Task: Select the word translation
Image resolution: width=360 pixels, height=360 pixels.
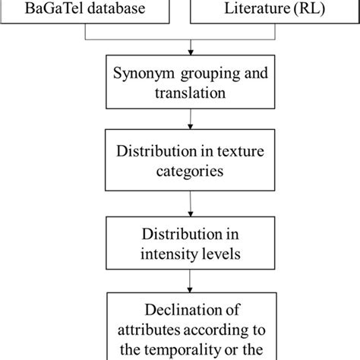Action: (180, 94)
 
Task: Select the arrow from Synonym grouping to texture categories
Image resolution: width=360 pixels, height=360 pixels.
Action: (180, 120)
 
